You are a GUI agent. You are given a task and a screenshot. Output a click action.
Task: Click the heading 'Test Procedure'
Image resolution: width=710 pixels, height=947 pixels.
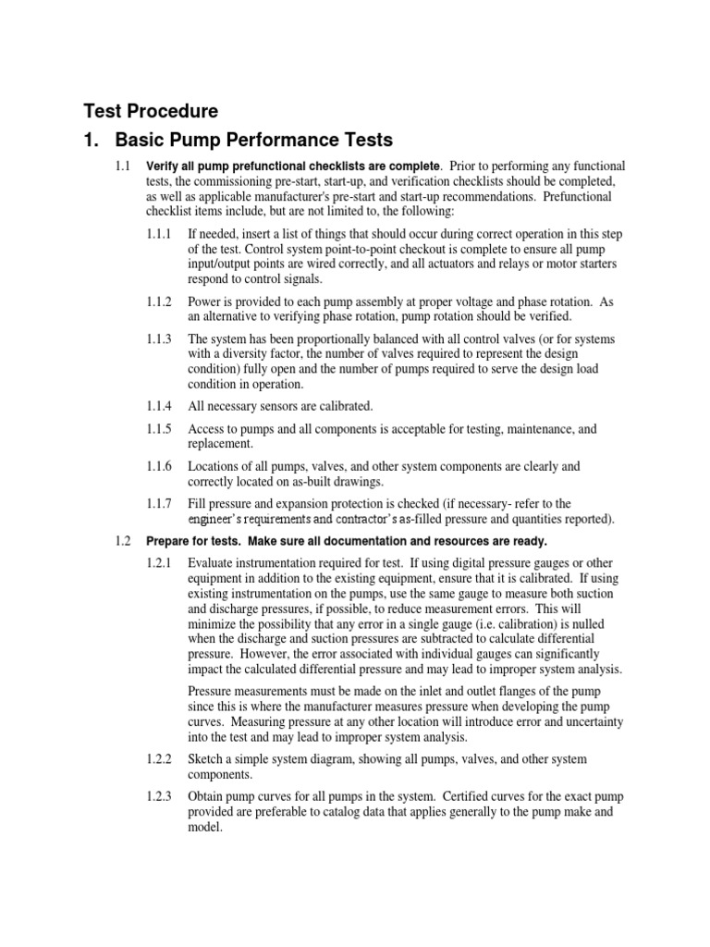tap(151, 112)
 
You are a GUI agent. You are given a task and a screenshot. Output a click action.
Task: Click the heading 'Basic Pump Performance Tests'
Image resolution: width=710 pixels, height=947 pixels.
tap(253, 141)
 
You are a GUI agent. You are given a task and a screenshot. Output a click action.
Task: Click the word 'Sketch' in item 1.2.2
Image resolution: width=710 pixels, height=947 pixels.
tap(207, 759)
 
